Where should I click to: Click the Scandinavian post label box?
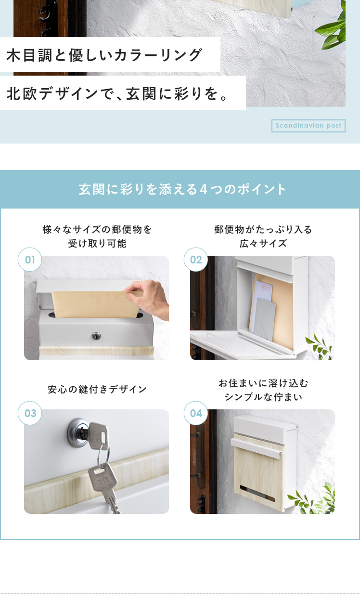308,126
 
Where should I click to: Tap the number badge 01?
30,260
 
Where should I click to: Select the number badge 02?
196,260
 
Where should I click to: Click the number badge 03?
30,413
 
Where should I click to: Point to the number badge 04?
196,413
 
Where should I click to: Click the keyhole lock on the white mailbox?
96,335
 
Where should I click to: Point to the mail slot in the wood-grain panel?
257,494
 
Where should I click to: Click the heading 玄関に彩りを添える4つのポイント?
182,189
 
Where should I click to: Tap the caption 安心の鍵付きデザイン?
97,389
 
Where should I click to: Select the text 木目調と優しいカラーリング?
104,55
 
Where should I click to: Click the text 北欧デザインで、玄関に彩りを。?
117,94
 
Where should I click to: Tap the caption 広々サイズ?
263,244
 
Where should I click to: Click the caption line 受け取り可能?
97,244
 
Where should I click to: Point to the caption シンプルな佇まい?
263,397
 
